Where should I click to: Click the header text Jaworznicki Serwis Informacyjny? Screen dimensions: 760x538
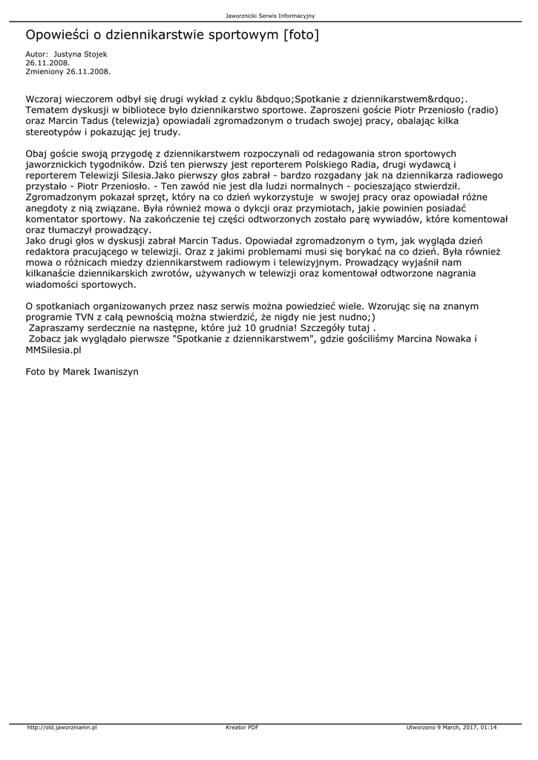click(269, 16)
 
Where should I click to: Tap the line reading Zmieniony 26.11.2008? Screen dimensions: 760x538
click(68, 71)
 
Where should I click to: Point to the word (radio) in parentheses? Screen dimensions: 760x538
click(482, 109)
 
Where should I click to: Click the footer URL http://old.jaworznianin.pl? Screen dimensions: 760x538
click(62, 727)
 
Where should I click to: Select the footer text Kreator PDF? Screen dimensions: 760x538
click(242, 727)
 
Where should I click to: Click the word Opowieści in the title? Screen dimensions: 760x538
click(61, 35)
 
